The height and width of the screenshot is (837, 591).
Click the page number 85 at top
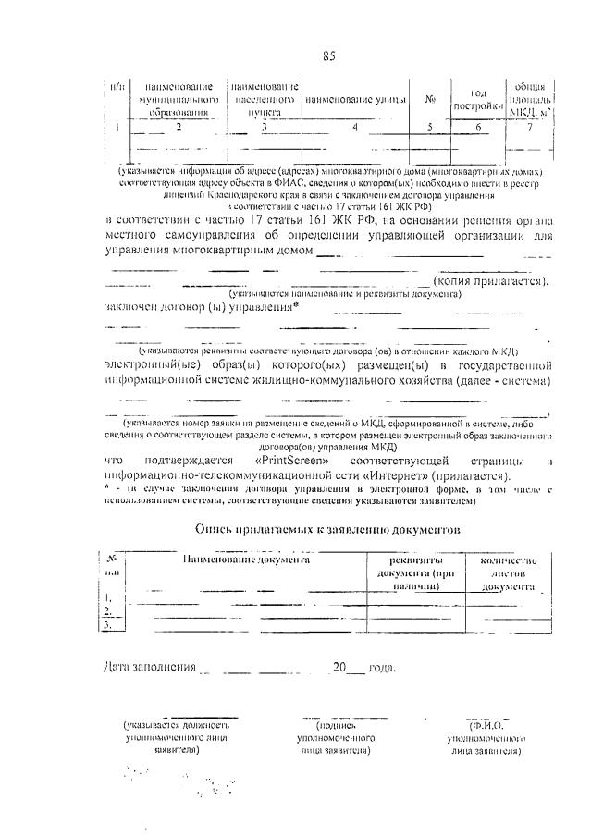[328, 57]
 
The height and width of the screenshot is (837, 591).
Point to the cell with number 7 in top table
[530, 128]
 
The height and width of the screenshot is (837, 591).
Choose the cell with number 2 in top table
[178, 128]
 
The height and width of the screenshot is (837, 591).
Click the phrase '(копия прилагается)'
[492, 281]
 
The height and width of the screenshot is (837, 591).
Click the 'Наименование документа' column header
[246, 560]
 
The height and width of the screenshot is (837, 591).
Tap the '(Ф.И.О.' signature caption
[485, 726]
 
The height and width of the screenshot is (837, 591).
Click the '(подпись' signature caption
[335, 726]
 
